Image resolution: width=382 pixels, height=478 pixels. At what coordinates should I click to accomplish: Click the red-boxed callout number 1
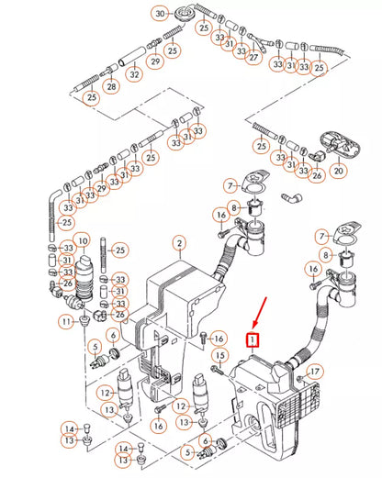253,340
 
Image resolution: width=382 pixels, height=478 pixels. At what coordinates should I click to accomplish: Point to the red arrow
260,313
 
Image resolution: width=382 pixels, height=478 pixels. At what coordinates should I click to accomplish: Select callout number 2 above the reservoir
180,244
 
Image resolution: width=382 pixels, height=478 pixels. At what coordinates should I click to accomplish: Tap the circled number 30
160,14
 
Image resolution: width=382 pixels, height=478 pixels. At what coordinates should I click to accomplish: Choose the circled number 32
135,74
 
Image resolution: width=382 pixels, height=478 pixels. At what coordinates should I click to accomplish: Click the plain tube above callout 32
131,56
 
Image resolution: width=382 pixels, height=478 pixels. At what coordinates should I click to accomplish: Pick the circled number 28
111,86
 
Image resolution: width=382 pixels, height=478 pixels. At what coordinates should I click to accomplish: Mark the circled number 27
253,57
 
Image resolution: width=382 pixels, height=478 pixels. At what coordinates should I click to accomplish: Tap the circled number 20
339,171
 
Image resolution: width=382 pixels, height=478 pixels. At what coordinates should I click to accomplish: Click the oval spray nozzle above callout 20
340,144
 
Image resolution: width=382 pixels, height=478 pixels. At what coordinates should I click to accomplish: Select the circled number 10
83,241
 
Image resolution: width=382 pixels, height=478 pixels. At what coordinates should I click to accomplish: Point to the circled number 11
66,322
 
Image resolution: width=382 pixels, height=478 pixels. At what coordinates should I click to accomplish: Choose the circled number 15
220,356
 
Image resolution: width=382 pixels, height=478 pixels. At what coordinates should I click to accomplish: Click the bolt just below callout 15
218,371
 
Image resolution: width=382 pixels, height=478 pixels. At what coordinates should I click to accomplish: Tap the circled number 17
315,372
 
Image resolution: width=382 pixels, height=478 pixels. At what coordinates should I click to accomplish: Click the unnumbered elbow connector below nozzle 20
291,198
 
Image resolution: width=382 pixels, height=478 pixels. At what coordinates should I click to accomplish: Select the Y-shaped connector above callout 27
260,42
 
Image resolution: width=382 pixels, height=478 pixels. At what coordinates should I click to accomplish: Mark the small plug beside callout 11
84,321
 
